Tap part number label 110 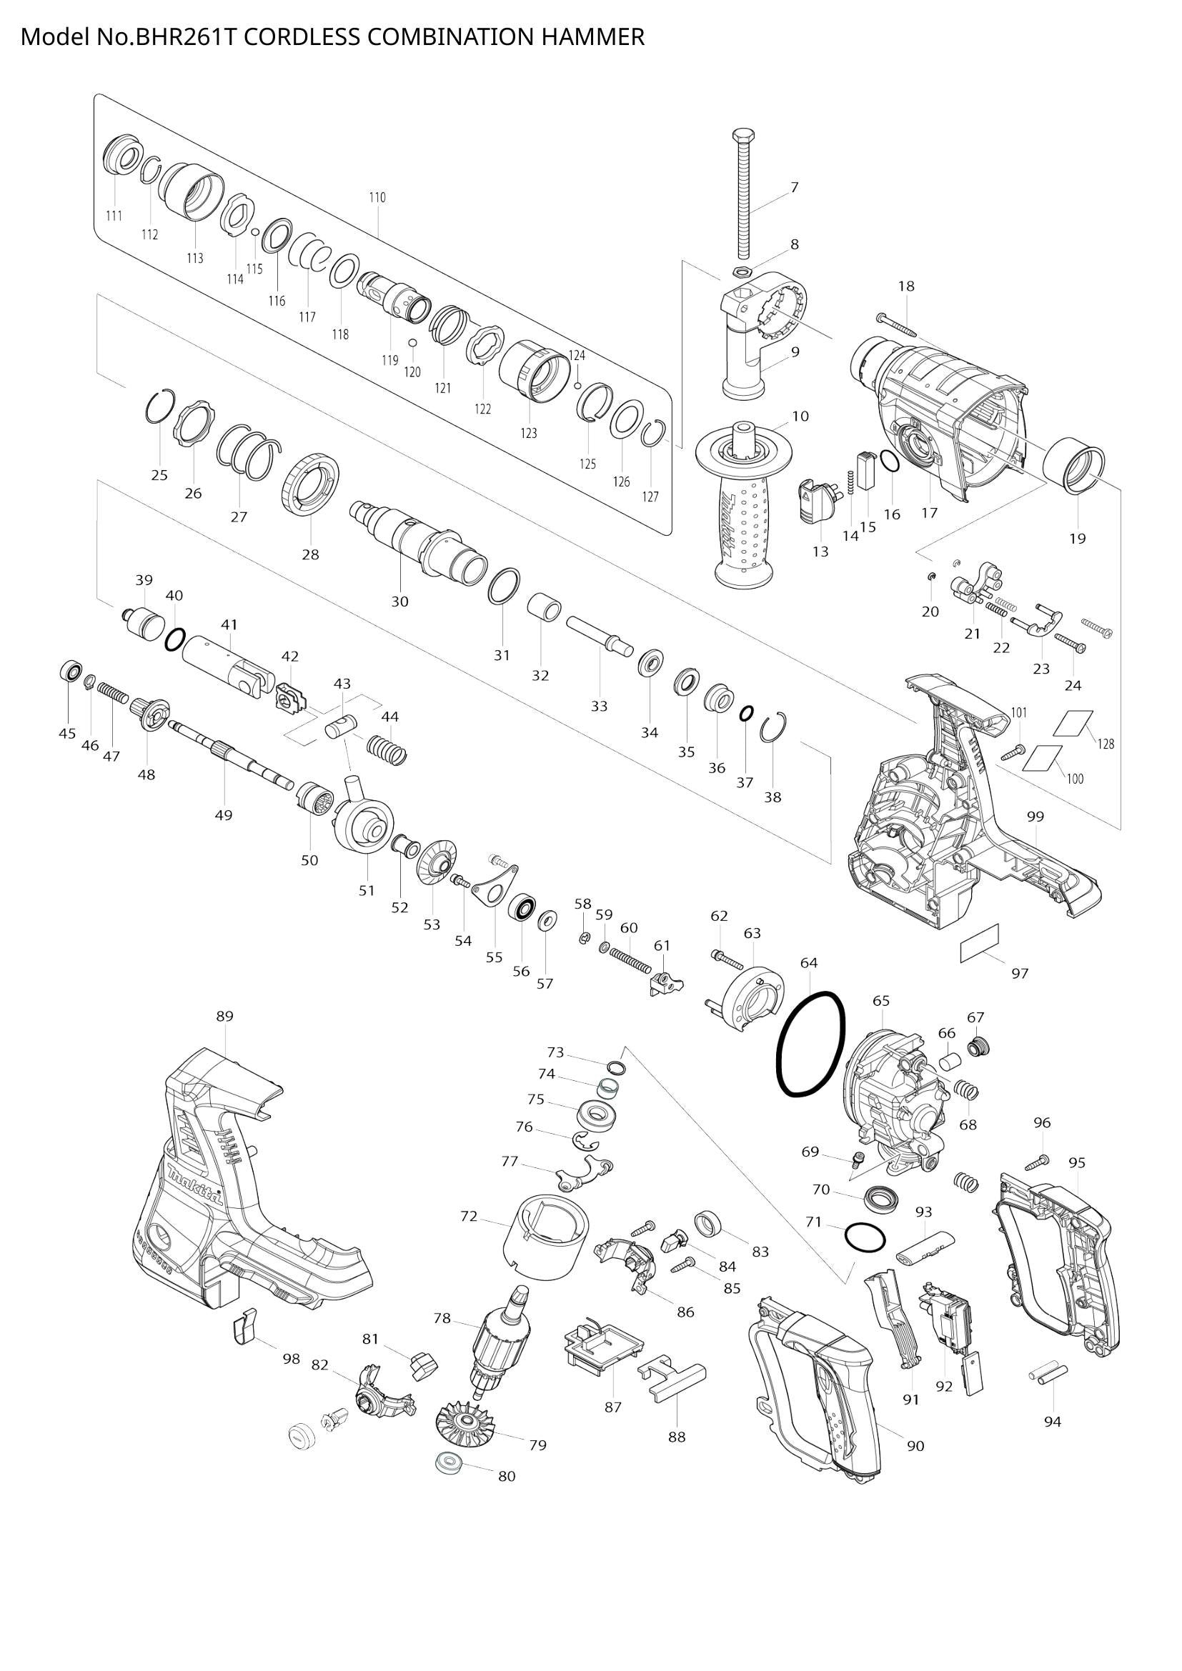click(x=377, y=197)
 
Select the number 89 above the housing click(x=225, y=1016)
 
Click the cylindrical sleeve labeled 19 click(x=1074, y=466)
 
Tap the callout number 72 click(x=469, y=1216)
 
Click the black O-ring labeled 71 click(x=865, y=1237)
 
